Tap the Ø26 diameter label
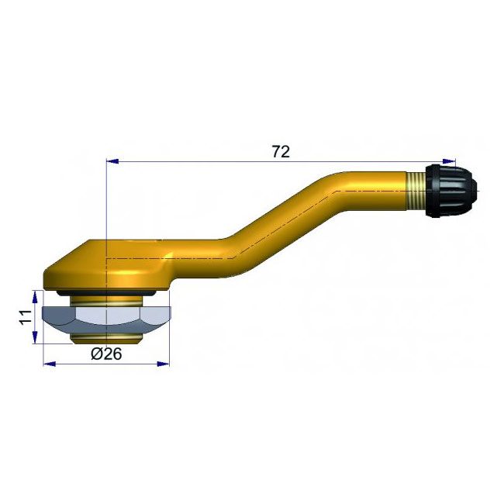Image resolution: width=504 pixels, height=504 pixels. tap(106, 354)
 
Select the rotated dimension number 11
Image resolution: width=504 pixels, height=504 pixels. tap(25, 318)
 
